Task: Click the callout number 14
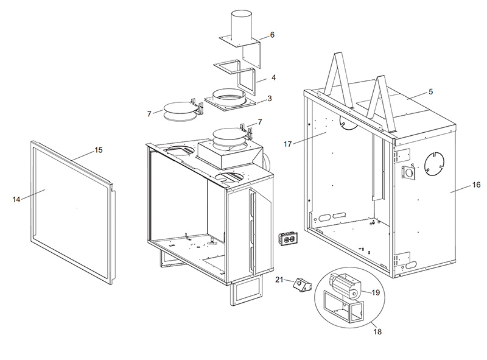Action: tap(16, 199)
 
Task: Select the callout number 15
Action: tap(98, 150)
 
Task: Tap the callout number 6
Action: tap(272, 35)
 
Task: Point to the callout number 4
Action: tap(273, 77)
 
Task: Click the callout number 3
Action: tap(270, 99)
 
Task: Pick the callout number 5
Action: tap(430, 92)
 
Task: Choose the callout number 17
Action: tap(287, 144)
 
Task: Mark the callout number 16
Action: tap(477, 185)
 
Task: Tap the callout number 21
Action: tap(279, 280)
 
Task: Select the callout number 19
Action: tap(376, 292)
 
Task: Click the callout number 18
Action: tap(377, 332)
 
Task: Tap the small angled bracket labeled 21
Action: tap(302, 285)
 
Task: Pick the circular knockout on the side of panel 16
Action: tap(434, 164)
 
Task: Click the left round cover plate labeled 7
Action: tap(180, 112)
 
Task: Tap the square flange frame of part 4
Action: tap(226, 66)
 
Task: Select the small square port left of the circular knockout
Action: tap(408, 172)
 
